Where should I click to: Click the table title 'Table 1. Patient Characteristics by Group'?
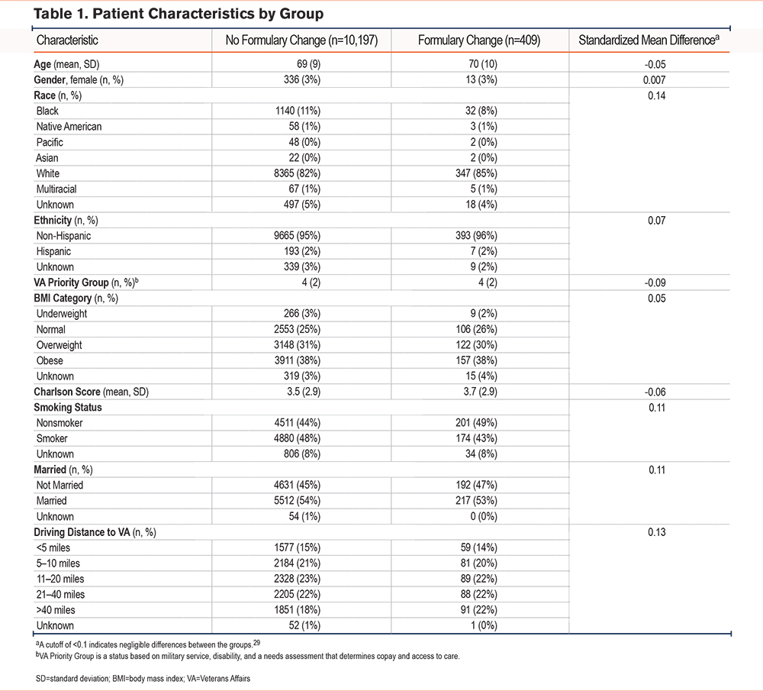(x=179, y=14)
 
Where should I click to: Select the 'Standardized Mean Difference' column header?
(x=649, y=40)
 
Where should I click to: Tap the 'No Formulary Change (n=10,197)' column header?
(x=301, y=40)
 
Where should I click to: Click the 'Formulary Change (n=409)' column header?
(x=479, y=40)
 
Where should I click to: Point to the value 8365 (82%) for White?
(x=298, y=173)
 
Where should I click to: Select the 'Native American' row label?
(x=69, y=127)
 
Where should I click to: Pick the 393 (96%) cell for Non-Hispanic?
(x=476, y=236)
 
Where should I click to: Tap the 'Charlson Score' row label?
(x=67, y=392)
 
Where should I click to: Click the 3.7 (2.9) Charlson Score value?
(x=480, y=392)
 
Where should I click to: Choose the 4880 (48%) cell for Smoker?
(x=298, y=438)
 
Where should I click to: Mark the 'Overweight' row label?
(x=60, y=345)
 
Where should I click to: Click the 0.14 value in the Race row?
(x=656, y=95)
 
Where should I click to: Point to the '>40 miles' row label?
(x=56, y=610)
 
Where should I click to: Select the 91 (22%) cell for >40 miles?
(x=479, y=609)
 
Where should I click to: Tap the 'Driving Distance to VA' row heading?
(x=82, y=532)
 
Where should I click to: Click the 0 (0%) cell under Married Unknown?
(x=484, y=516)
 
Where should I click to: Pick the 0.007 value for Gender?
(x=655, y=80)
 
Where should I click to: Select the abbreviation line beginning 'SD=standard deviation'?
(x=143, y=678)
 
